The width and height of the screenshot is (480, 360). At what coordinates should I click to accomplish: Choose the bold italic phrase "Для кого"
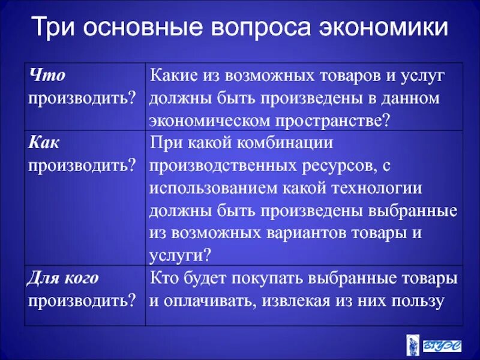63,278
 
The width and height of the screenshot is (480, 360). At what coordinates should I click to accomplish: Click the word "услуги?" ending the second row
179,254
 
